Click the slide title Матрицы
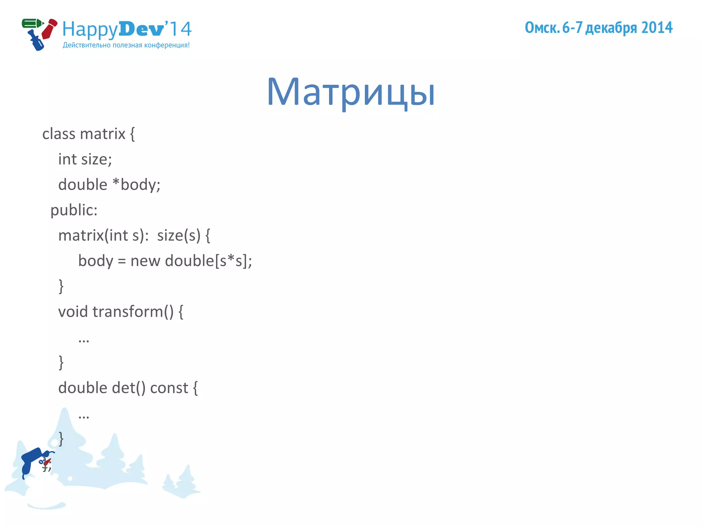pos(351,92)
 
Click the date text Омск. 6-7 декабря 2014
pos(598,28)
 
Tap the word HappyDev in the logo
pos(113,29)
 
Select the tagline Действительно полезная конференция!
pos(126,45)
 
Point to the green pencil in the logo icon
pos(32,24)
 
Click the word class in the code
pos(59,134)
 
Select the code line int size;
pos(85,159)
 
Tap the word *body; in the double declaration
pos(136,185)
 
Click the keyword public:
pos(74,210)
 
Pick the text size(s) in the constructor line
pos(179,235)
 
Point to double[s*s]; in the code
pos(208,261)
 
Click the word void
pos(73,312)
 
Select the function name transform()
pos(133,312)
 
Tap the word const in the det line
pos(169,388)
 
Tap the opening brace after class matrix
pos(132,134)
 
